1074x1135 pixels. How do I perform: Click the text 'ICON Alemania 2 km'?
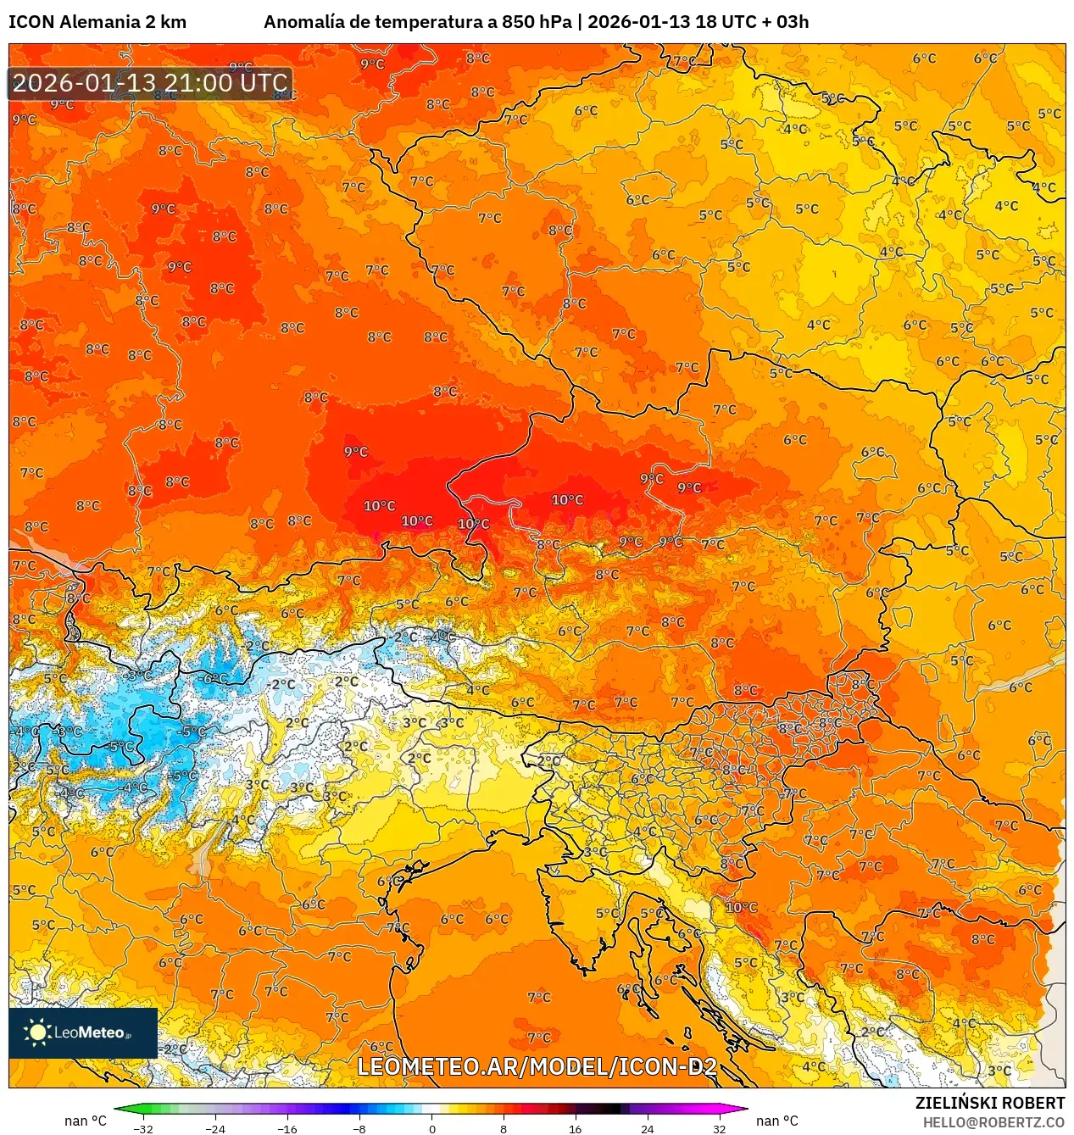click(x=97, y=22)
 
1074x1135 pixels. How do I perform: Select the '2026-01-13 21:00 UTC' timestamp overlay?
click(x=150, y=83)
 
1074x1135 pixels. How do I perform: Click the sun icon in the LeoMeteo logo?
click(x=36, y=1032)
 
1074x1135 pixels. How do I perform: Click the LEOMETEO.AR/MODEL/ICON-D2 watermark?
click(x=537, y=1066)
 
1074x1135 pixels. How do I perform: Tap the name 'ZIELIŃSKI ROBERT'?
click(x=989, y=1103)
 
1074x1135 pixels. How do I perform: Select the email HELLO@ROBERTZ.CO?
click(x=993, y=1122)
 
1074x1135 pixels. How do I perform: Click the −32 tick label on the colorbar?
click(x=143, y=1128)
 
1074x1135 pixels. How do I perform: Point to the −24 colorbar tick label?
click(x=215, y=1128)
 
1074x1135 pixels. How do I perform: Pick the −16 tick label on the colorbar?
click(x=287, y=1128)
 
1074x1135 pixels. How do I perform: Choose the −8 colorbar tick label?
click(x=359, y=1128)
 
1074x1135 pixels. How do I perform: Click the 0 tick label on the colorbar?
click(x=431, y=1128)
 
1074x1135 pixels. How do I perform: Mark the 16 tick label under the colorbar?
click(x=575, y=1128)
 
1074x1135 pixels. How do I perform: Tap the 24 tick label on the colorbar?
click(x=647, y=1128)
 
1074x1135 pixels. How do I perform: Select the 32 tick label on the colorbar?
click(x=719, y=1128)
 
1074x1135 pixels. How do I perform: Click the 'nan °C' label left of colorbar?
click(x=86, y=1121)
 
